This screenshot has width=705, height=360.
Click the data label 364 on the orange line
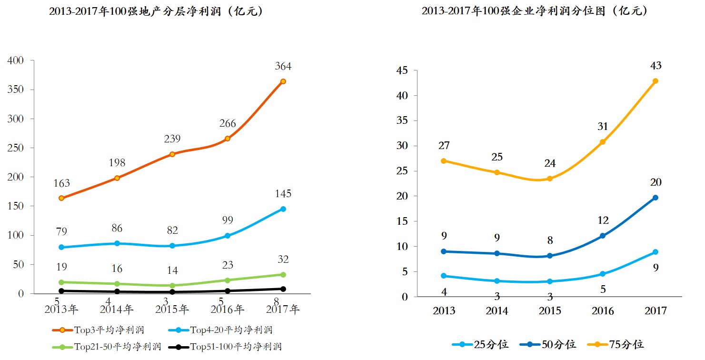(283, 66)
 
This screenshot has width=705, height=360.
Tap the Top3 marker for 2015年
(172, 154)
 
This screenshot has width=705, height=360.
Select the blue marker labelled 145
(283, 209)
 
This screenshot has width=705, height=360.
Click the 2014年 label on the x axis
(117, 310)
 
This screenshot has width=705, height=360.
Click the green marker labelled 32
(283, 274)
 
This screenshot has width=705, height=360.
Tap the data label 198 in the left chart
(117, 163)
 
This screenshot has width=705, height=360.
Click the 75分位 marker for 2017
(655, 81)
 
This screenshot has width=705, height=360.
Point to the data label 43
(655, 66)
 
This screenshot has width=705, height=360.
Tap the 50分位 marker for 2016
(602, 236)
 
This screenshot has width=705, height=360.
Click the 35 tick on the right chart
(402, 120)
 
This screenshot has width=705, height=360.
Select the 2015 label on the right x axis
(549, 311)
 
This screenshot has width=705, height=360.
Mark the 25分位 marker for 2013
(444, 276)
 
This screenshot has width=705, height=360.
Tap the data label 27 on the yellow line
(444, 146)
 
